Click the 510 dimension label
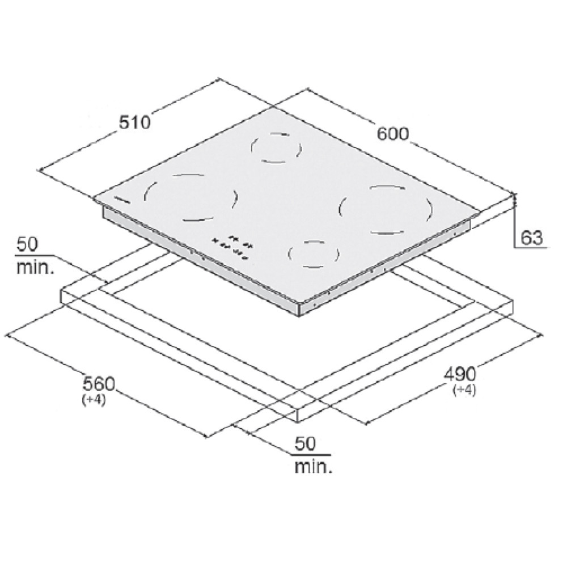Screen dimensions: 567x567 click(134, 122)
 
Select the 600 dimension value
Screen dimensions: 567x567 click(393, 133)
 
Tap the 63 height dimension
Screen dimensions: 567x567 click(532, 238)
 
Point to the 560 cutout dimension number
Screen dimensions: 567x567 click(99, 383)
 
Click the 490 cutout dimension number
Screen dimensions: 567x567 click(460, 374)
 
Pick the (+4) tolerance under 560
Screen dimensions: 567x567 click(94, 400)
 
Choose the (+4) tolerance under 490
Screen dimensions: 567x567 click(464, 390)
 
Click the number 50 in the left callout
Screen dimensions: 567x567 click(27, 245)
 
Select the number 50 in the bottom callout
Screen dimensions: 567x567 click(305, 444)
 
